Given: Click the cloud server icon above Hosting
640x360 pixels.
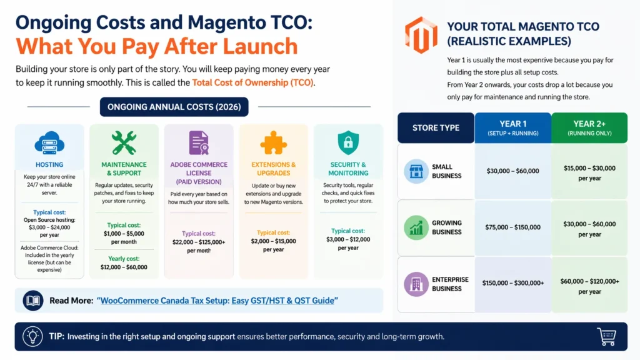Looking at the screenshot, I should click(x=49, y=143).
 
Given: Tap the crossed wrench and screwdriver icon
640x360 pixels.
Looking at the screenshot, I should click(x=124, y=142).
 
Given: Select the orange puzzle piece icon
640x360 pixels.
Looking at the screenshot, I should click(x=273, y=142).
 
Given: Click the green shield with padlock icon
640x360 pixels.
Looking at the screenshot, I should click(x=348, y=142).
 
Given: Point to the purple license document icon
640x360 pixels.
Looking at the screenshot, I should click(x=199, y=142).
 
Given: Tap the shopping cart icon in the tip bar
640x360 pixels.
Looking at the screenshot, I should click(x=606, y=336).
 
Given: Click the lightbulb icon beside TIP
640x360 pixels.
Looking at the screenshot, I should click(x=32, y=336).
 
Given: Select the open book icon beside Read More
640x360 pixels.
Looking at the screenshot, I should click(x=32, y=301).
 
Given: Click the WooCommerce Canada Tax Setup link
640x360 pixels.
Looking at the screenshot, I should click(x=217, y=301).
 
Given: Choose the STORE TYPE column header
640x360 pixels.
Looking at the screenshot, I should click(x=436, y=127).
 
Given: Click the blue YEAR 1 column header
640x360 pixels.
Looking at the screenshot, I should click(x=512, y=127).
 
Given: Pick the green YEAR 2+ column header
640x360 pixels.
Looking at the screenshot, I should click(x=589, y=127).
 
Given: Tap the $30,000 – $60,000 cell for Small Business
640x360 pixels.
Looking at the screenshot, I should click(x=512, y=171).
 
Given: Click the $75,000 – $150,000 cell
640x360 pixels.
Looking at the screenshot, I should click(x=512, y=227).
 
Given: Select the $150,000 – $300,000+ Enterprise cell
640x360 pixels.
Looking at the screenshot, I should click(x=512, y=284).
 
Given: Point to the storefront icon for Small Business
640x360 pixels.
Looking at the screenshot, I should click(x=416, y=171).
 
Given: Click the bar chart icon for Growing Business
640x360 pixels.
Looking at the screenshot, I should click(x=416, y=227).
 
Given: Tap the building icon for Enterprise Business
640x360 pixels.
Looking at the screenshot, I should click(x=416, y=284).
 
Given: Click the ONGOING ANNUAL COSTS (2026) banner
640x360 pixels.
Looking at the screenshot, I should click(x=174, y=107).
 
